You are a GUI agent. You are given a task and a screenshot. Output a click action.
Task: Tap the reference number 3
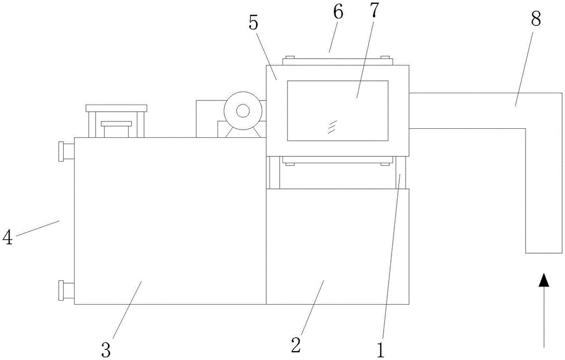(106, 348)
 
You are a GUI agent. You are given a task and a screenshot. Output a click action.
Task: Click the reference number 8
(535, 19)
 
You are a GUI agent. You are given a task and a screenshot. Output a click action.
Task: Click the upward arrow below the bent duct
(544, 308)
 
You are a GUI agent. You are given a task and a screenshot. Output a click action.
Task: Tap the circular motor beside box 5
(242, 111)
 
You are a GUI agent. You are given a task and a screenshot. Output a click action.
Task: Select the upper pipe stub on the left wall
(66, 151)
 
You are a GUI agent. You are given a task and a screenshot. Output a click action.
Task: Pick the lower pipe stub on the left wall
(66, 290)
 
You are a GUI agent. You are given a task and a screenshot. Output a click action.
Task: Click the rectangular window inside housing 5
(337, 110)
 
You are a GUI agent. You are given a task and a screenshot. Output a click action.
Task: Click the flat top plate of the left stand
(116, 107)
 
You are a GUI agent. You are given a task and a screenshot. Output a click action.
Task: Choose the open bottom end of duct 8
(544, 253)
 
